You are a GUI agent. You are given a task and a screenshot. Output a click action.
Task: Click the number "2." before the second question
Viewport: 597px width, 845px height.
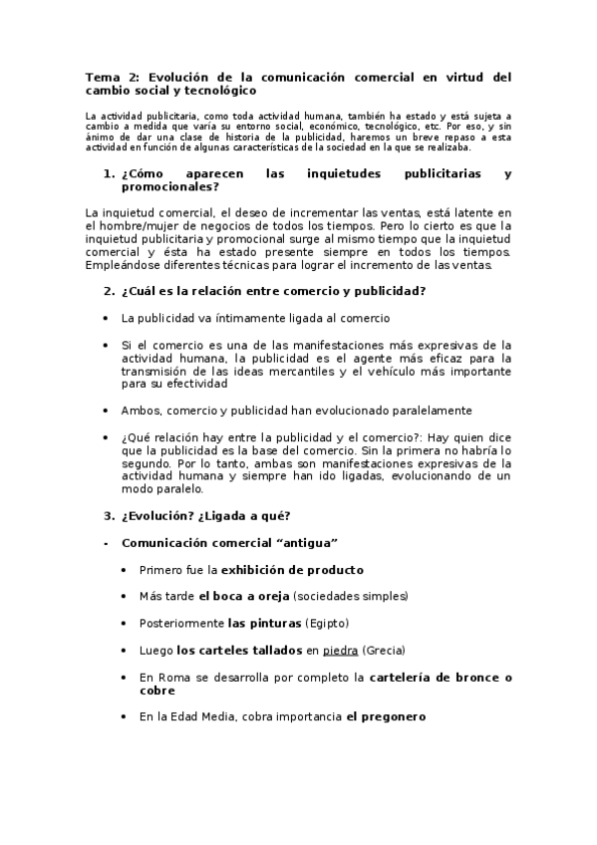point(110,291)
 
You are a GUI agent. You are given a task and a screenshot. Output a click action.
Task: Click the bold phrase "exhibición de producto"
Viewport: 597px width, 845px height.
point(292,570)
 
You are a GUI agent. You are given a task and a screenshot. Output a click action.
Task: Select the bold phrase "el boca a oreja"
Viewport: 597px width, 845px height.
point(244,596)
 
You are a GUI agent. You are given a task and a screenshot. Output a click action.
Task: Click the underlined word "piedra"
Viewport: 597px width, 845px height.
point(340,650)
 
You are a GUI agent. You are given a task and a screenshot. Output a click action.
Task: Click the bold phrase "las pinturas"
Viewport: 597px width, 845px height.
point(264,623)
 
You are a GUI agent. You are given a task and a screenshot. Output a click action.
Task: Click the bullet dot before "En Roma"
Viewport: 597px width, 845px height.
point(123,677)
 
